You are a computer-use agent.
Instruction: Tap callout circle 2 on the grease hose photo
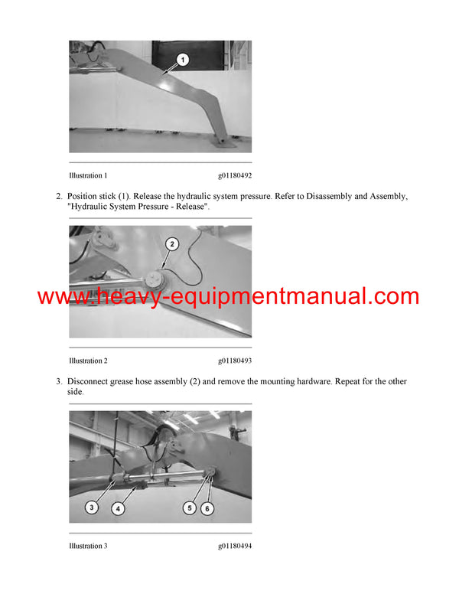[172, 245]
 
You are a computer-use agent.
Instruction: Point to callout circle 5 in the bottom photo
[188, 506]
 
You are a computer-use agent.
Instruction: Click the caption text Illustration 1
[88, 175]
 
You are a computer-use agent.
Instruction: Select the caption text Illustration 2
[88, 361]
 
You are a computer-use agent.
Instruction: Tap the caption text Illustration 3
[88, 546]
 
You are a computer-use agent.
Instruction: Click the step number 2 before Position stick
[59, 197]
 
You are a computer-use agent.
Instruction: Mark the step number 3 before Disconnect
[59, 381]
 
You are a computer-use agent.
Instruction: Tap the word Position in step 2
[85, 197]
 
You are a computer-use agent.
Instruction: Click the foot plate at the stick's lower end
[223, 144]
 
